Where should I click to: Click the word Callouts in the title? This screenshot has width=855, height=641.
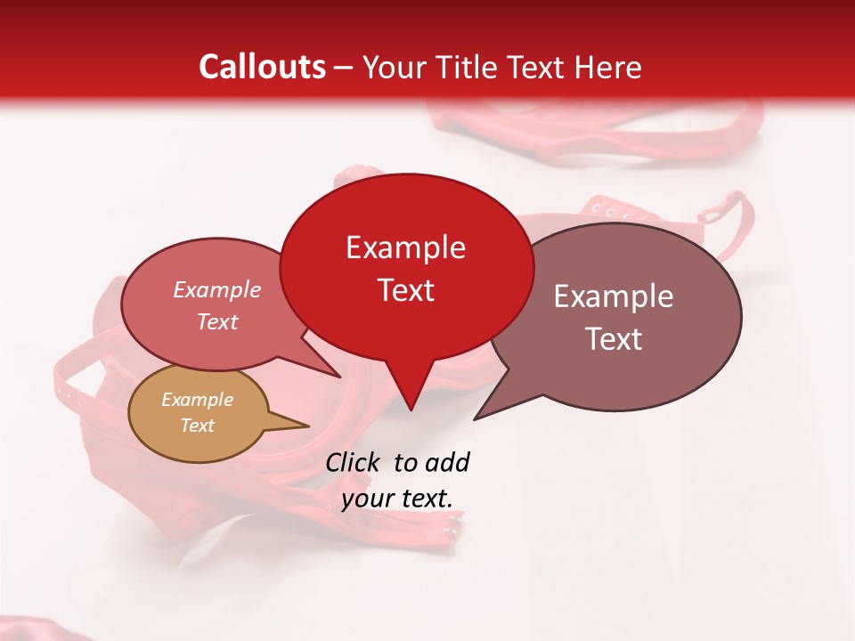(262, 67)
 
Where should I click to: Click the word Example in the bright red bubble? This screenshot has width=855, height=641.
(405, 247)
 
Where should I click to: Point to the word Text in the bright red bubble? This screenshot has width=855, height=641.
(405, 290)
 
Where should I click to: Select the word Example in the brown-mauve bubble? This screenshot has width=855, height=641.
(614, 296)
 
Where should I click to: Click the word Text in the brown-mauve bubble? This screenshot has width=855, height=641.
(614, 339)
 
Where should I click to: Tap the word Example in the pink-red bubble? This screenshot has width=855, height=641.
(217, 289)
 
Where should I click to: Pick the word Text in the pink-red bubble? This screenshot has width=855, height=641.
(217, 321)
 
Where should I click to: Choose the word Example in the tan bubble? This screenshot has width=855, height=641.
(197, 400)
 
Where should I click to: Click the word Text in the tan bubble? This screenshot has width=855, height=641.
(197, 426)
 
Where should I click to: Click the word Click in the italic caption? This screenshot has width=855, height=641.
(354, 462)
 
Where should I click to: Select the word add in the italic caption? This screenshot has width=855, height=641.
(447, 462)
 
